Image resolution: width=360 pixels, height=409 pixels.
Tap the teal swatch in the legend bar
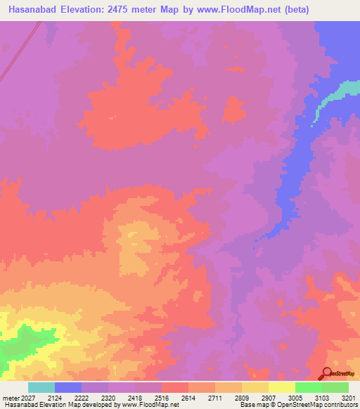tap(41, 387)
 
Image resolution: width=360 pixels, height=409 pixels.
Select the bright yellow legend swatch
tap(282, 387)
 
